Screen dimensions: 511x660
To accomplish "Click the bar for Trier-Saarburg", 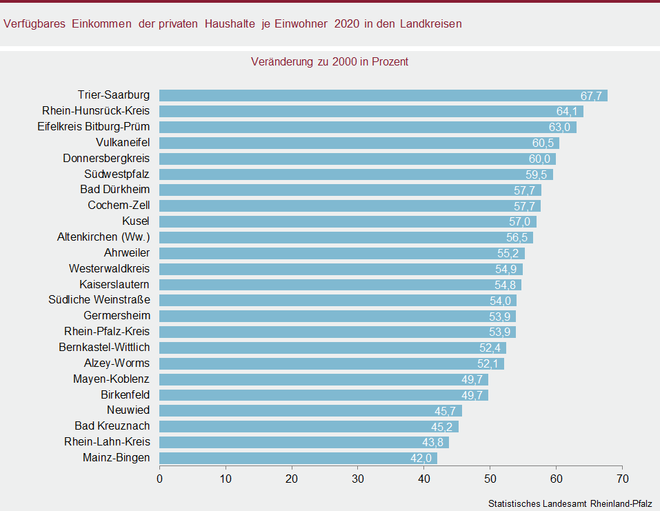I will [383, 95].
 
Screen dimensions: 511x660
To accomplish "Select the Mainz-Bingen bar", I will [298, 458].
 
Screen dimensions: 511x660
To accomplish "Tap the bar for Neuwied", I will [310, 410].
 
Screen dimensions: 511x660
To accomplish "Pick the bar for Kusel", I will [348, 221].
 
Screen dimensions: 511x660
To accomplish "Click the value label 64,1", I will [568, 111].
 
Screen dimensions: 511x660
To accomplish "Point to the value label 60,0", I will [541, 159].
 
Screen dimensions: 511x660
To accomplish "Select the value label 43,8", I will [434, 442].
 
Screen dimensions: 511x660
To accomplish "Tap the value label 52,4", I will [491, 348].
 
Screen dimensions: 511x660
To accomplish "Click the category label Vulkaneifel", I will [123, 143].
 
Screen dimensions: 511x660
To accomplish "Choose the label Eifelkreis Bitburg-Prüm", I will [94, 127].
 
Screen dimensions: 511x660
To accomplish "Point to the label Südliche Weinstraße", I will [99, 300].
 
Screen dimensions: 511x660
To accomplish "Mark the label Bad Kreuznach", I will [112, 426].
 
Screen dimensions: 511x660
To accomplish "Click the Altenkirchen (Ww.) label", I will [103, 237].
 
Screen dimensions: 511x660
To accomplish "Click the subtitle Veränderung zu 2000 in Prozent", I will [330, 61].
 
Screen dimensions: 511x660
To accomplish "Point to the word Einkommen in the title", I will [101, 23].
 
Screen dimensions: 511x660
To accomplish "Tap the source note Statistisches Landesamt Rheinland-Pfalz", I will [570, 503].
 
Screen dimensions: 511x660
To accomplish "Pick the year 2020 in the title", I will [347, 23].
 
